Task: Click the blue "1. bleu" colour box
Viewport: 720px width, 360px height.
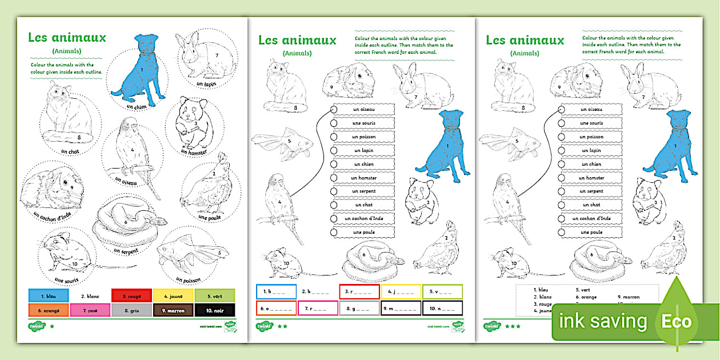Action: click(x=49, y=295)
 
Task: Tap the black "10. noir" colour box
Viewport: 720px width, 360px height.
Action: click(x=214, y=310)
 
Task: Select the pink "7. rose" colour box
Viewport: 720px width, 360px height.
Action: click(x=90, y=310)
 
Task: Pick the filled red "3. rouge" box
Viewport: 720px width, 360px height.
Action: click(x=131, y=295)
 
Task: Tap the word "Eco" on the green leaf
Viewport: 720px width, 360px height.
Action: click(x=677, y=321)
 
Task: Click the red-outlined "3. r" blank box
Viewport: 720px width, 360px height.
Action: click(x=358, y=291)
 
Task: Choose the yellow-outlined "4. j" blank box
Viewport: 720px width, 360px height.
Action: click(x=401, y=291)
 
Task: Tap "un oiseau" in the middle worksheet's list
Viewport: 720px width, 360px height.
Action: click(x=364, y=109)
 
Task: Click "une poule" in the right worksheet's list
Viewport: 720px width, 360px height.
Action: click(x=592, y=232)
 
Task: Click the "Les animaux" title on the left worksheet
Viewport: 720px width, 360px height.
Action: click(x=67, y=38)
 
